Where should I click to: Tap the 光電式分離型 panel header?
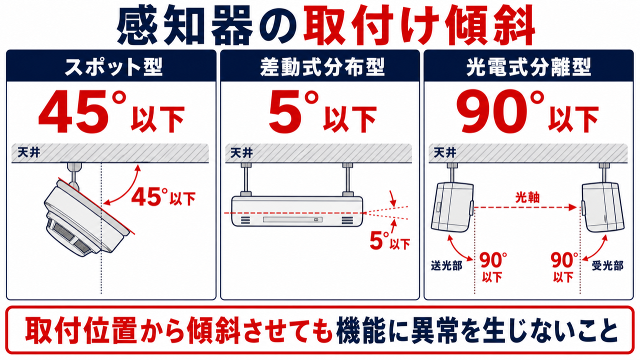pos(528,67)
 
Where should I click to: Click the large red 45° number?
pos(82,111)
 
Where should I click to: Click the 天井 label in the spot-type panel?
pos(29,152)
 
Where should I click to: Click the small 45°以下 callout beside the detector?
pos(163,197)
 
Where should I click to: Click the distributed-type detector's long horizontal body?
pos(297,211)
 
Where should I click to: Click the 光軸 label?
pos(527,197)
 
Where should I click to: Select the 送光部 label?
pos(446,266)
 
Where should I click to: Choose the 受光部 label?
pos(607,266)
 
